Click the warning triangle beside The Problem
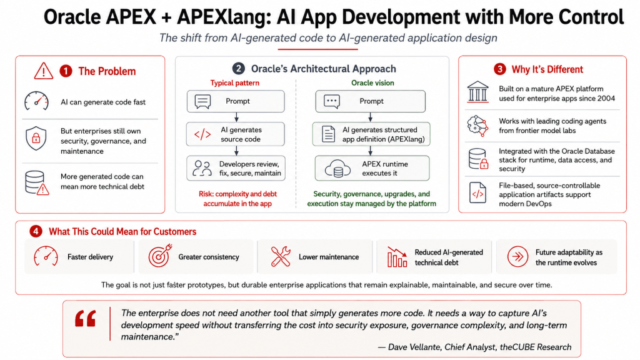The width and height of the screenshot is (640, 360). (x=44, y=71)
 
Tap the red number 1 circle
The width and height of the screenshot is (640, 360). (x=66, y=71)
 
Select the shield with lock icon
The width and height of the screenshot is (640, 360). (x=36, y=138)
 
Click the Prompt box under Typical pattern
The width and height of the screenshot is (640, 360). (x=236, y=101)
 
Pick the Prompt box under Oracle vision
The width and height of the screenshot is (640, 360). (x=370, y=101)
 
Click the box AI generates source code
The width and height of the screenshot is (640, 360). (x=236, y=134)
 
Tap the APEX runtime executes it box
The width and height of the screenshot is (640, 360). (x=372, y=168)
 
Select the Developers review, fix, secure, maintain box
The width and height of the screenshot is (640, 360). (x=236, y=168)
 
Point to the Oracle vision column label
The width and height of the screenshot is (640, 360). (x=372, y=83)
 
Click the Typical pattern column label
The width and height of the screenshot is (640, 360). (x=235, y=83)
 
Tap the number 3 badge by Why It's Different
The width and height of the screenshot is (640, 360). (x=499, y=69)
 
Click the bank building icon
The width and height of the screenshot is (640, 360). (x=477, y=91)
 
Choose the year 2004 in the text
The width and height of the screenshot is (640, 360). (x=606, y=98)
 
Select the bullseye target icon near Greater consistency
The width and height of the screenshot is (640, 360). (x=160, y=256)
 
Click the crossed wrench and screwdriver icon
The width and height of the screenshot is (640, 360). (x=281, y=256)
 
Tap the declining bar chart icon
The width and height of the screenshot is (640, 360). (x=397, y=257)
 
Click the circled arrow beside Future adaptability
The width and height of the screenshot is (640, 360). (x=517, y=257)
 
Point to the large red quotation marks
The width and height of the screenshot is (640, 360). (x=86, y=319)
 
